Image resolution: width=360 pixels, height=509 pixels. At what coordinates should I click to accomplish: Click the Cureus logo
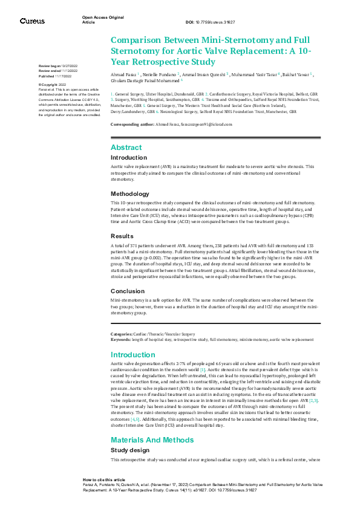pos(31,21)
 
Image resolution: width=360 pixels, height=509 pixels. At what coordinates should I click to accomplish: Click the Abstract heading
pos(126,148)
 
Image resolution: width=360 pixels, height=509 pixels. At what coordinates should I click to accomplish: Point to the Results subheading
pos(123,236)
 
